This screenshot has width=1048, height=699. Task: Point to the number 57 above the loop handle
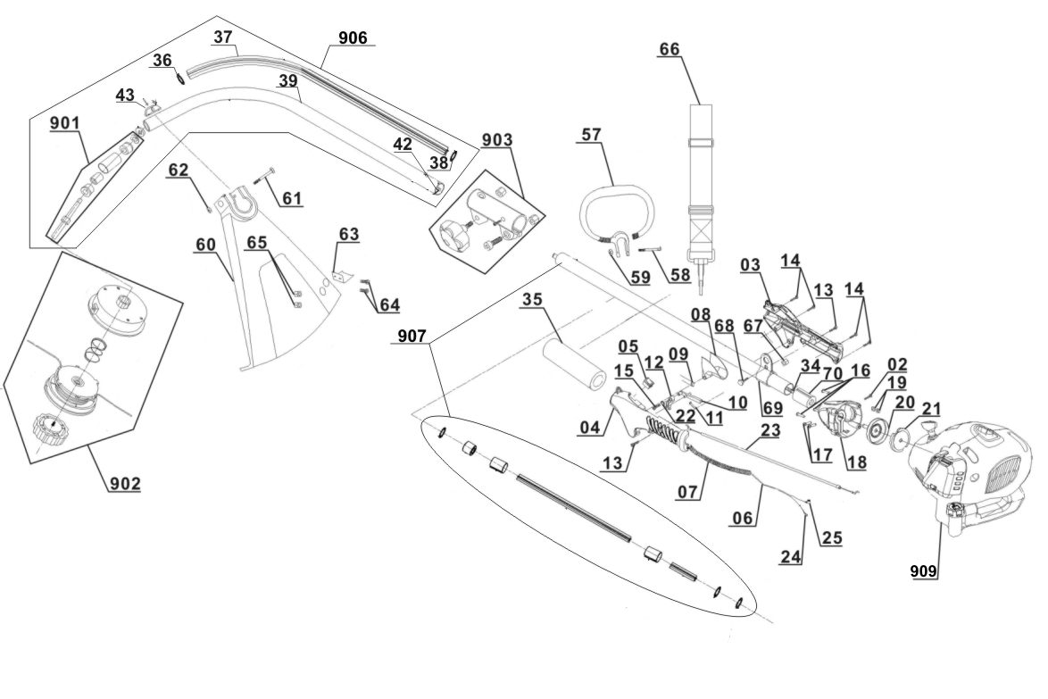pyautogui.click(x=591, y=134)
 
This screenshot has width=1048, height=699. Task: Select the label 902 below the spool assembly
pyautogui.click(x=125, y=484)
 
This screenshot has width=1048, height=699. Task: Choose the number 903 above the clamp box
pyautogui.click(x=496, y=140)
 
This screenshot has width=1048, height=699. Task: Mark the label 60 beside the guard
pyautogui.click(x=205, y=243)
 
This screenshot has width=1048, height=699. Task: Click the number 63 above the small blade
pyautogui.click(x=348, y=234)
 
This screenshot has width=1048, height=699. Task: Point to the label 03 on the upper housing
pyautogui.click(x=749, y=264)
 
